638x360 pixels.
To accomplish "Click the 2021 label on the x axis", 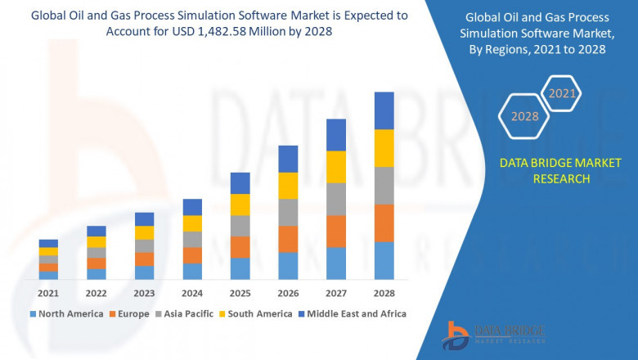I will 48,293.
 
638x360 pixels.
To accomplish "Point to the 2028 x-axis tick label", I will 384,293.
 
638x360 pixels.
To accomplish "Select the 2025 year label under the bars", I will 240,293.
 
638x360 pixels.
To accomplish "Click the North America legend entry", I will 66,313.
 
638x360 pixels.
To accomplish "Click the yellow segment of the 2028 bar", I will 384,148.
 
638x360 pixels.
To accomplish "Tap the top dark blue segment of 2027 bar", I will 336,135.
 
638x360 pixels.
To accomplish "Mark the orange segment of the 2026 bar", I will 288,239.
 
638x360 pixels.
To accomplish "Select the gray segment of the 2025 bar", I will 240,226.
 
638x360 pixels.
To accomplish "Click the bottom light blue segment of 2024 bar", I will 192,272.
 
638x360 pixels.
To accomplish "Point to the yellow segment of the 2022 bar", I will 97,242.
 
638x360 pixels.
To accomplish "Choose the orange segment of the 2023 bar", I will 144,259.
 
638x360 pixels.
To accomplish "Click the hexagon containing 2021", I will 561,94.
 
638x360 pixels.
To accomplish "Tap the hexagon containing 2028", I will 524,116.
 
